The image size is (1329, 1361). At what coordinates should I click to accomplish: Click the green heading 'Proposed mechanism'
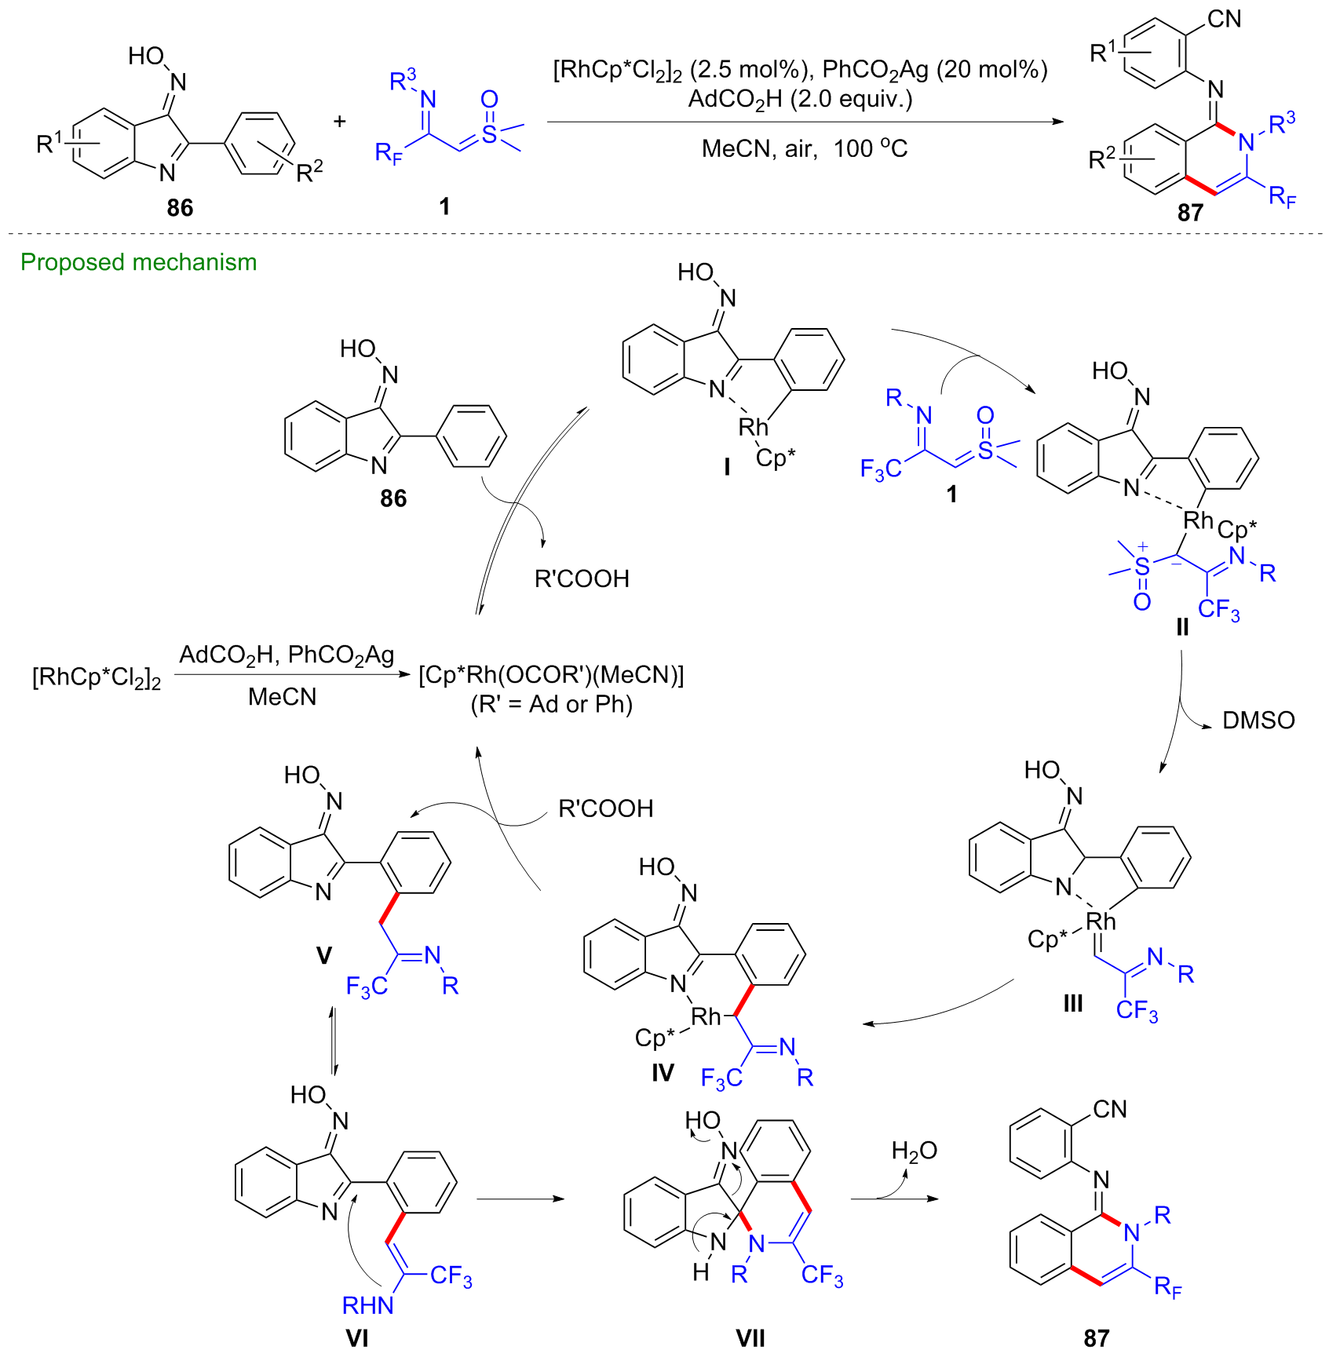138,262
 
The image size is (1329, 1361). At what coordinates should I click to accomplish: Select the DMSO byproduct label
1258,721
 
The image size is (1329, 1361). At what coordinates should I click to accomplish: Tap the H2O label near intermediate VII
914,1151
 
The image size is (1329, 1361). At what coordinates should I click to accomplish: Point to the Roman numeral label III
1072,1003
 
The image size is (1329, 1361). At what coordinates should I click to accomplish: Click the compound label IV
663,1072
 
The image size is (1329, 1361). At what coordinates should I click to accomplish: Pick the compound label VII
750,1338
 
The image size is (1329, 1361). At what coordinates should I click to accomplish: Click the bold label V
323,955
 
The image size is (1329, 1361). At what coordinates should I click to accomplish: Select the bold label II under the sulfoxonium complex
1182,628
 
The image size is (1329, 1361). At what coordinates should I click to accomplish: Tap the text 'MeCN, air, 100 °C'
804,148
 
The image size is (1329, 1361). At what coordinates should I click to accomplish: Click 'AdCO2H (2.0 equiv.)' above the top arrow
800,100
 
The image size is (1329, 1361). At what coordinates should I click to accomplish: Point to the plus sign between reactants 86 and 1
339,122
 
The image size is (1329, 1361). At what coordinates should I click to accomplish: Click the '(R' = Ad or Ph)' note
551,704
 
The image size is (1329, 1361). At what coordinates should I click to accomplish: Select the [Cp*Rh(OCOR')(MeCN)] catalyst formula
551,675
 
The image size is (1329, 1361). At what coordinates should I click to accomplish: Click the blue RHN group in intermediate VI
367,1304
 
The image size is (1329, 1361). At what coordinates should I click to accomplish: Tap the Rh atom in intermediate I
753,427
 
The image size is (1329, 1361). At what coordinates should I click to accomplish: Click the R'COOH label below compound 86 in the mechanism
582,579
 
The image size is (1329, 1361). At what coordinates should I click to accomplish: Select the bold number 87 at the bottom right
1096,1338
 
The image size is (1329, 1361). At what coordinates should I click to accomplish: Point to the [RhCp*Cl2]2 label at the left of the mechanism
96,677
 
